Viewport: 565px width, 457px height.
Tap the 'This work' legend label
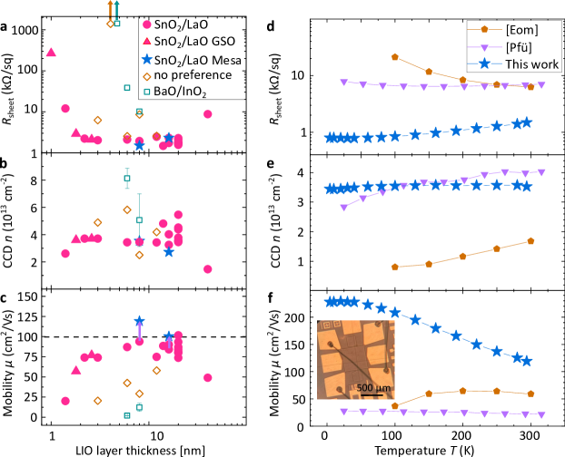[528, 63]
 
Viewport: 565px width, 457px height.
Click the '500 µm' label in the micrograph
[372, 388]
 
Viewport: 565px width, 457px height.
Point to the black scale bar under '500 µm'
[372, 394]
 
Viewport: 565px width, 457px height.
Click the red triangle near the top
[147, 41]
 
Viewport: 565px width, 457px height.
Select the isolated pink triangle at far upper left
[51, 53]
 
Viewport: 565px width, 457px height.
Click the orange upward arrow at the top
[110, 7]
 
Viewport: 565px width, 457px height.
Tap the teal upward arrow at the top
[116, 7]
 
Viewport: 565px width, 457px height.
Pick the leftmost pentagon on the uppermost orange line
[394, 56]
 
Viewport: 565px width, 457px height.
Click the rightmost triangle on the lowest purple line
[541, 414]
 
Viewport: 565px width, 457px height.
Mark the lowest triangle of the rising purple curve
[343, 208]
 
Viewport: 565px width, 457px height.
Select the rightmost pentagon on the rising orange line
[530, 240]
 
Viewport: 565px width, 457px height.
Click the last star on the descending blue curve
[526, 361]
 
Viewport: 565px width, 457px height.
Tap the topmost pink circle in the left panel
[147, 24]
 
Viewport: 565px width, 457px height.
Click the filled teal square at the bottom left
[127, 415]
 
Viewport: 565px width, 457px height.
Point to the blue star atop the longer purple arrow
[139, 321]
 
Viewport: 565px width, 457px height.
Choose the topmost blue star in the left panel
[147, 59]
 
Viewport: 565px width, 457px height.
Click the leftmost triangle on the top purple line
[343, 83]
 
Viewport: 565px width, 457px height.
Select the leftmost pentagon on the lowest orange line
[394, 405]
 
